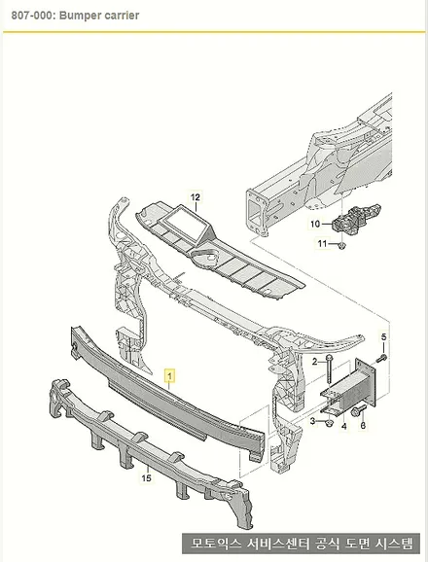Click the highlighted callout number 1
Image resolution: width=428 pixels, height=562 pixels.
point(170,376)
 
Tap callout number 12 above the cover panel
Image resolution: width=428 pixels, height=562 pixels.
point(195,197)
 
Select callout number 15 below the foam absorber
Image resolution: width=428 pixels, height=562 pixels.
point(146,477)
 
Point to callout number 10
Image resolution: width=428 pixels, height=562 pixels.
point(315,224)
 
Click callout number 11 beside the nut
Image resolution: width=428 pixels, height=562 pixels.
point(322,243)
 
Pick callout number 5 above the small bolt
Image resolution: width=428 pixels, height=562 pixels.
point(383,337)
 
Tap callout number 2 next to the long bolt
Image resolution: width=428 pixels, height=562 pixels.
point(314,362)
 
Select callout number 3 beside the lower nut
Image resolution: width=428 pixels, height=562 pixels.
point(312,421)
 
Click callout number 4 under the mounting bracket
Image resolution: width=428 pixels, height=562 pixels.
point(344,427)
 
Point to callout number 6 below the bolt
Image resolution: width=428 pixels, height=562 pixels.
point(363,426)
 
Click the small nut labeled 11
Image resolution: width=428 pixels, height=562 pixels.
point(341,246)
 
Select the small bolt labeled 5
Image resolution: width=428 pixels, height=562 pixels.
point(382,358)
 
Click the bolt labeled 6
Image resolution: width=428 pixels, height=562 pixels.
point(359,410)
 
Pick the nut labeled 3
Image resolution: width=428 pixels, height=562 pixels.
point(329,423)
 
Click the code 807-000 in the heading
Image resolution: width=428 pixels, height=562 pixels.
point(32,16)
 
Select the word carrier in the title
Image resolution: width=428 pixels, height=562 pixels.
point(122,16)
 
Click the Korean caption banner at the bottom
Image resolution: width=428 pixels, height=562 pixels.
point(302,544)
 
